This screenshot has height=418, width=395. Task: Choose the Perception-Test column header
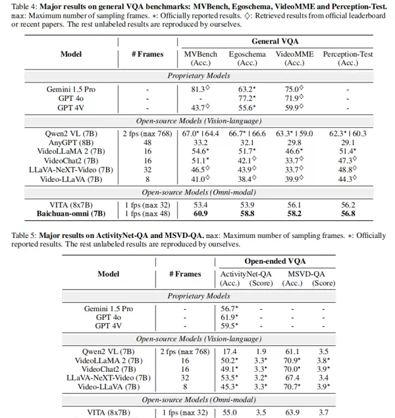point(348,54)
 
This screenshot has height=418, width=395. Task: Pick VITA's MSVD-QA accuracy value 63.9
point(292,412)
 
